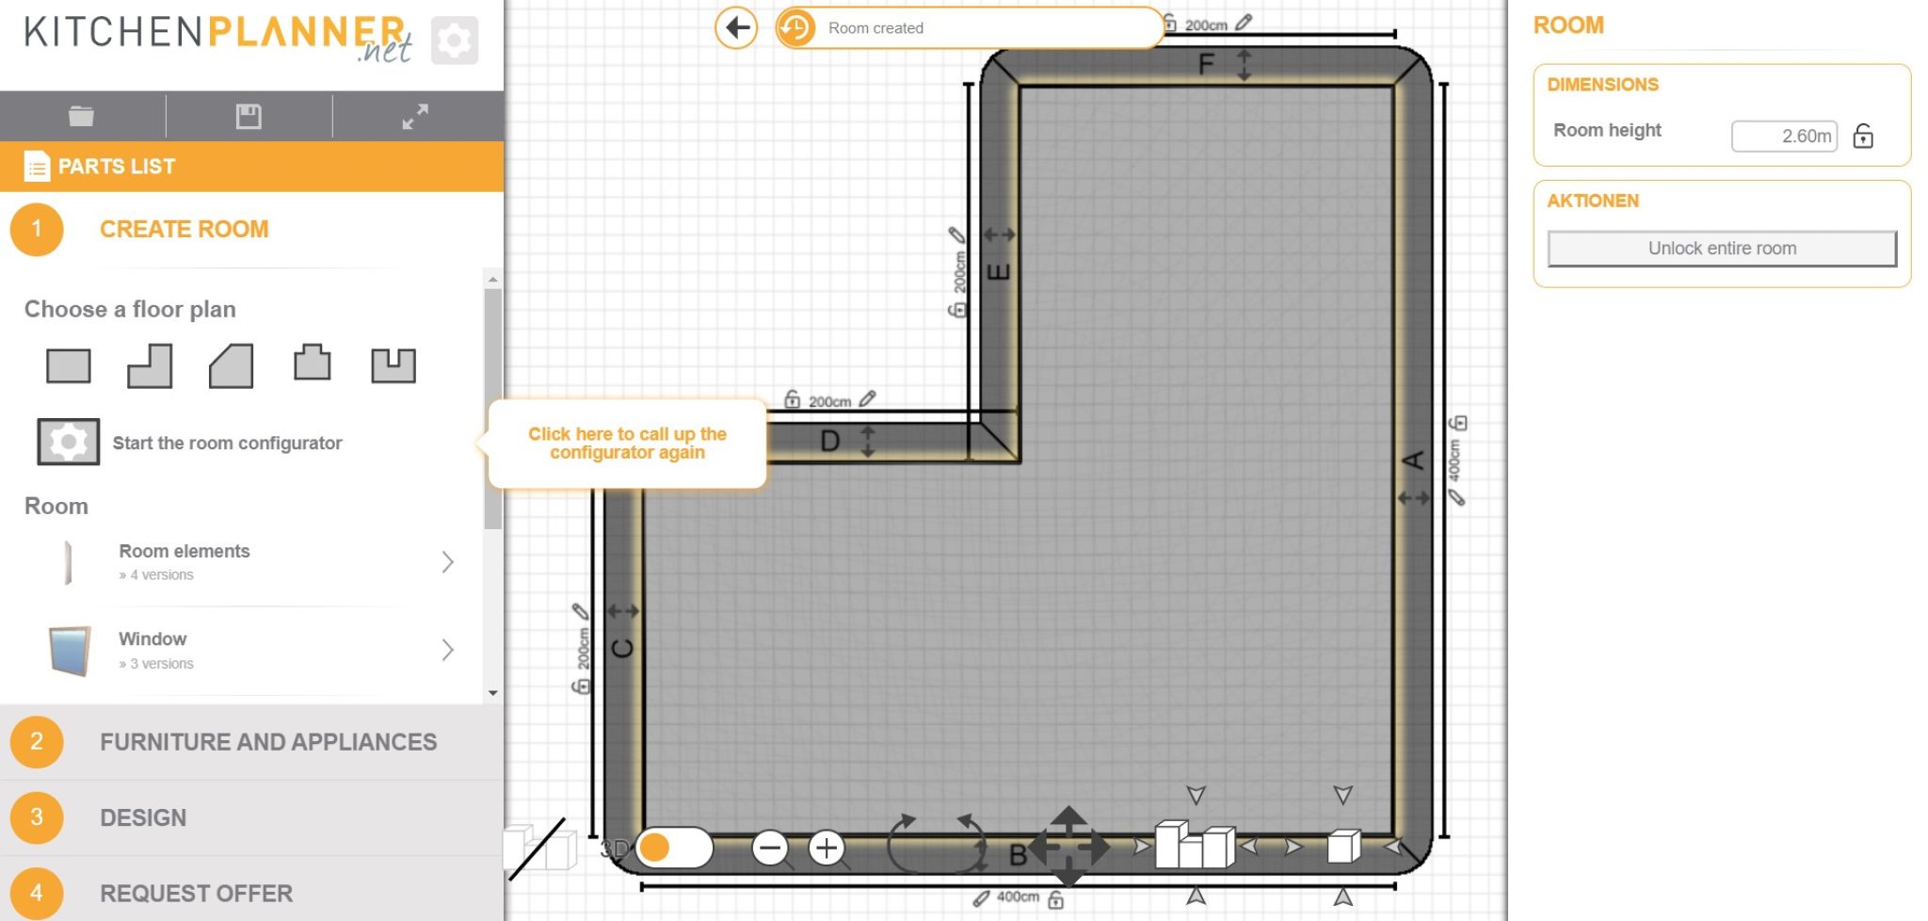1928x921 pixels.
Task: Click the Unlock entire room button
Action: click(1721, 249)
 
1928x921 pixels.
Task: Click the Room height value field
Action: click(1784, 137)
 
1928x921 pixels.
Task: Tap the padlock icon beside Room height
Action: click(1863, 137)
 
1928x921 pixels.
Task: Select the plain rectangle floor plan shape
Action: click(69, 365)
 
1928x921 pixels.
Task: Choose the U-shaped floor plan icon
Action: click(393, 365)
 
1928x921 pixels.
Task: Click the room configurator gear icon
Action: click(68, 442)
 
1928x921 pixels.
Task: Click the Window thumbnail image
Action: click(70, 650)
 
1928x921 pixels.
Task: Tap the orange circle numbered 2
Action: click(37, 742)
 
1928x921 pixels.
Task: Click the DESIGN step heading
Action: click(143, 817)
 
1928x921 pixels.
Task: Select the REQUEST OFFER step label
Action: click(196, 893)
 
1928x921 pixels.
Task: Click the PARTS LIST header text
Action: click(117, 167)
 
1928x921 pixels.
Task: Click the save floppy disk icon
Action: click(249, 116)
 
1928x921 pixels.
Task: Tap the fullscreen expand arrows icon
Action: click(415, 116)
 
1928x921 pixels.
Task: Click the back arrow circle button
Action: click(736, 27)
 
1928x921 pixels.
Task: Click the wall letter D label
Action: click(829, 441)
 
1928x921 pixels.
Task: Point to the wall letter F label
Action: click(1206, 64)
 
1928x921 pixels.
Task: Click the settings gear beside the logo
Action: click(455, 40)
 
